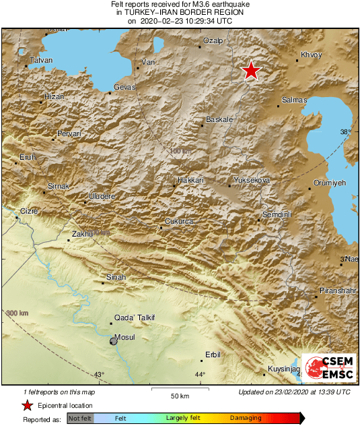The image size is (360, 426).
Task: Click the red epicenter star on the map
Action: (x=251, y=70)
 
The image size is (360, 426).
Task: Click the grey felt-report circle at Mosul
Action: (x=114, y=342)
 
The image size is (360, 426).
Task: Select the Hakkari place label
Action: (x=190, y=180)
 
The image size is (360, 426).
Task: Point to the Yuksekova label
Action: (x=251, y=180)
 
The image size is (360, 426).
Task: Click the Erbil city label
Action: (x=212, y=355)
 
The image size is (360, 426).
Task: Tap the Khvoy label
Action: (x=312, y=55)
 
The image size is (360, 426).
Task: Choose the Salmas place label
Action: (x=295, y=100)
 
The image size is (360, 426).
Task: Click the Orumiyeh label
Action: (x=330, y=183)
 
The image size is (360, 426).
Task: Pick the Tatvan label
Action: (x=38, y=61)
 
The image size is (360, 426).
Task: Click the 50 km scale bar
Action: (x=178, y=390)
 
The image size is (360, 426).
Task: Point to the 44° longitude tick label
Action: (x=200, y=375)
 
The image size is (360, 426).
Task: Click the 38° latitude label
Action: (x=345, y=132)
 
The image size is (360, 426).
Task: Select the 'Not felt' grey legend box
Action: (x=80, y=419)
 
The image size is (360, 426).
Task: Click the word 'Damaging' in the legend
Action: (x=246, y=419)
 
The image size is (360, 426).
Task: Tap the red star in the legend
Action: (x=27, y=406)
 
